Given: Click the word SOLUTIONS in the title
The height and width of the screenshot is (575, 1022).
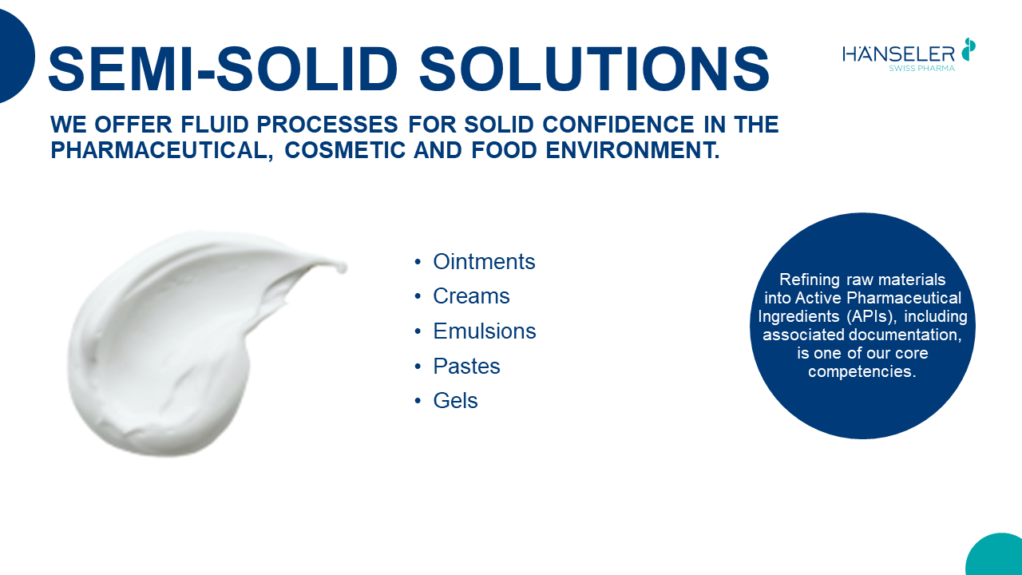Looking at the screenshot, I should click(x=594, y=69).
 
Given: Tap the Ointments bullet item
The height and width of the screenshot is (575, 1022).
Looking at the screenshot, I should click(x=484, y=262).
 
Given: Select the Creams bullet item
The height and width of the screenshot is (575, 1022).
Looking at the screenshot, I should click(x=471, y=296).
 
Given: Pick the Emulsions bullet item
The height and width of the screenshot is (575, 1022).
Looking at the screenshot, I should click(x=484, y=331).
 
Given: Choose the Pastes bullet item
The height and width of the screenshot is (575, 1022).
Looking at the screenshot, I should click(x=466, y=367).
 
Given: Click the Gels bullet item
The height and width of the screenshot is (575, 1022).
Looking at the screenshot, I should click(x=455, y=401).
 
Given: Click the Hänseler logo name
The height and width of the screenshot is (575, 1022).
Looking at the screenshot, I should click(x=899, y=54).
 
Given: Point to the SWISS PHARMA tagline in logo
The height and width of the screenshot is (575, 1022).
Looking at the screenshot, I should click(x=921, y=69).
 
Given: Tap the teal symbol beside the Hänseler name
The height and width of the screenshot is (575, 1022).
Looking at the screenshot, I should click(x=969, y=49).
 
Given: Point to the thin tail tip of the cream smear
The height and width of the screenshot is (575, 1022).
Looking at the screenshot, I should click(x=342, y=268).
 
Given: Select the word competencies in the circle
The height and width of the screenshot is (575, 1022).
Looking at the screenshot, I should click(x=862, y=371).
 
